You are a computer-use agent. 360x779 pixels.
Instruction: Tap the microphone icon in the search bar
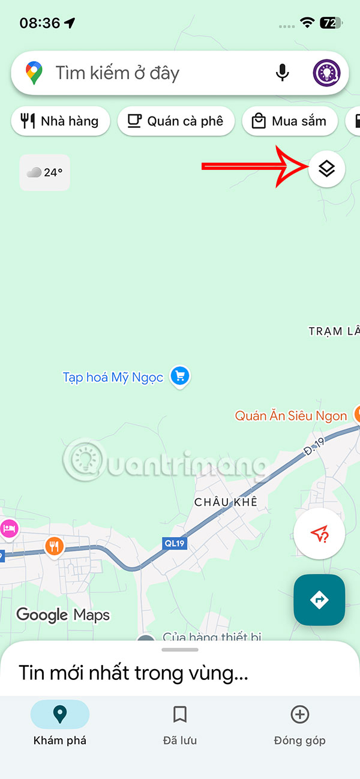click(x=282, y=73)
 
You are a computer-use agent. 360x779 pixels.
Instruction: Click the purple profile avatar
click(x=327, y=73)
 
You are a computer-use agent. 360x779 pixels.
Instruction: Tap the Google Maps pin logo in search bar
click(x=34, y=73)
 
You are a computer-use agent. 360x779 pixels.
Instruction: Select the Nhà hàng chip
click(x=60, y=121)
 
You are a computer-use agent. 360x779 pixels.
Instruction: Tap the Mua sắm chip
click(x=290, y=121)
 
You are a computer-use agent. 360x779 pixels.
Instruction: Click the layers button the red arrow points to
click(x=326, y=169)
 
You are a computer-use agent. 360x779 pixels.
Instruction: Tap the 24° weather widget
click(x=45, y=172)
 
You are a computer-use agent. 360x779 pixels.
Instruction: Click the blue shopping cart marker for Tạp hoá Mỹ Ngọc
click(x=180, y=377)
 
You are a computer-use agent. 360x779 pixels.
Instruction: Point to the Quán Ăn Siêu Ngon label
click(x=291, y=415)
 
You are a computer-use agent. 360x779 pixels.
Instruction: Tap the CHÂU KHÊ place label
click(x=226, y=502)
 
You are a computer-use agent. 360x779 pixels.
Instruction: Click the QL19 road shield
click(x=174, y=543)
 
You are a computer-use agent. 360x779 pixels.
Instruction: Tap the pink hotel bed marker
click(x=9, y=529)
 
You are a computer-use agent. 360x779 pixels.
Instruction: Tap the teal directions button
click(x=319, y=599)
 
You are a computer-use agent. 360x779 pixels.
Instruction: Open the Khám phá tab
click(x=60, y=723)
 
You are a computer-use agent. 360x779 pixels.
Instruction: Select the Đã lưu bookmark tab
click(x=180, y=723)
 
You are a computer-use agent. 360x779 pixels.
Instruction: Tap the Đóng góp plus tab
click(x=299, y=723)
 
